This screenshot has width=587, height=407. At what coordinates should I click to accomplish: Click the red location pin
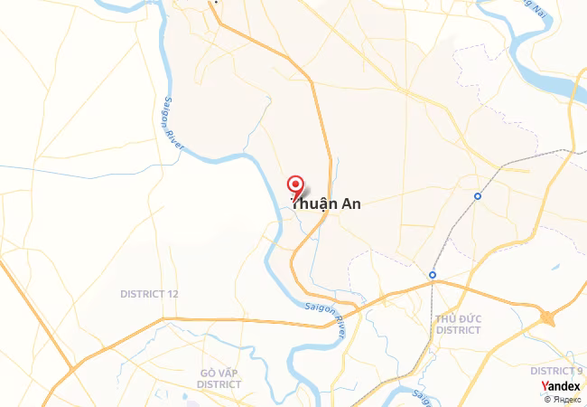[294, 185]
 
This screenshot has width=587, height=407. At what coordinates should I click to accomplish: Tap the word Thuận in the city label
[312, 204]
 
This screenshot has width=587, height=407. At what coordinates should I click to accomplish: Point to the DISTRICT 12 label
[149, 294]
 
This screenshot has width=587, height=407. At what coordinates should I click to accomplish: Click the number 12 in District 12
[172, 294]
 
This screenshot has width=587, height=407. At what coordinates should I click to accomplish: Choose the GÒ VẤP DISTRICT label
[220, 378]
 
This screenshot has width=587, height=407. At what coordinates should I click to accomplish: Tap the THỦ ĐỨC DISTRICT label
[458, 325]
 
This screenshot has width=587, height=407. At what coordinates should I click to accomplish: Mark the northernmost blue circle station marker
[478, 195]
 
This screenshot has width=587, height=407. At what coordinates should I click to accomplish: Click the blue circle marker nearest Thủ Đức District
[433, 275]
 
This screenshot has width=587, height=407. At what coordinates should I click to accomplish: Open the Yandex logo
[561, 386]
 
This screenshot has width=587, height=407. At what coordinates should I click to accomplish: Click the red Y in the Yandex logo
[545, 386]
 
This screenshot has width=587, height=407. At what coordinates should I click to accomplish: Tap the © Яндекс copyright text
[562, 399]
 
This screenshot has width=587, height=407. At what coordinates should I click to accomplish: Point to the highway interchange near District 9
[547, 317]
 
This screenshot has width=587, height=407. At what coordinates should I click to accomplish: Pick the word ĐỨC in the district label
[470, 319]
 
